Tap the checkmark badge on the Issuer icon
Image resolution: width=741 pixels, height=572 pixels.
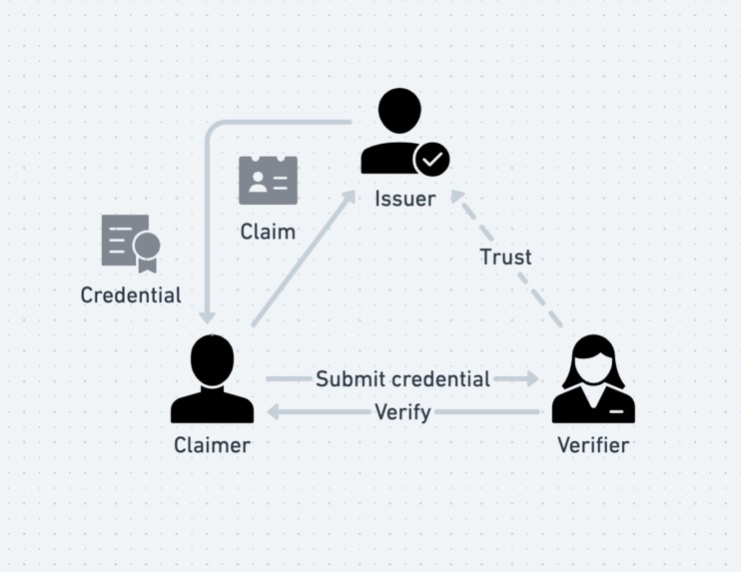coord(432,159)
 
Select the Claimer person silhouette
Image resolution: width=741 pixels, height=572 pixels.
coord(212,379)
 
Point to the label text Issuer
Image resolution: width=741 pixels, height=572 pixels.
coord(404,199)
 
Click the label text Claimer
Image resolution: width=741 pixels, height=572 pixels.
coord(212,445)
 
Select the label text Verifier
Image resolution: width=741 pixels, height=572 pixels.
coord(593,445)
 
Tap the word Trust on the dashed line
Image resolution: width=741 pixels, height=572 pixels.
coord(505,258)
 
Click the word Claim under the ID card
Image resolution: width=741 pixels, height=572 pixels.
coord(268,232)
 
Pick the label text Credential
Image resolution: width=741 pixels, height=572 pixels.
coord(131,295)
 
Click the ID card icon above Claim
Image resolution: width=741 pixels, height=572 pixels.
coord(268,181)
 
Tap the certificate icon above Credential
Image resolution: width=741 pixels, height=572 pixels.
coord(130,243)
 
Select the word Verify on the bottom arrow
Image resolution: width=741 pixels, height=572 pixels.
coord(402,411)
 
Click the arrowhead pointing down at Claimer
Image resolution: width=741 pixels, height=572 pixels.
coord(207,316)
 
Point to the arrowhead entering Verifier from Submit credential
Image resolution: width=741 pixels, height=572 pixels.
coord(531,379)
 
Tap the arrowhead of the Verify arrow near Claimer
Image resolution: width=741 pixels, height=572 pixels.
coord(274,411)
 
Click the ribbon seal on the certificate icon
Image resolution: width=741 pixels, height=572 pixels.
coord(148,250)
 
